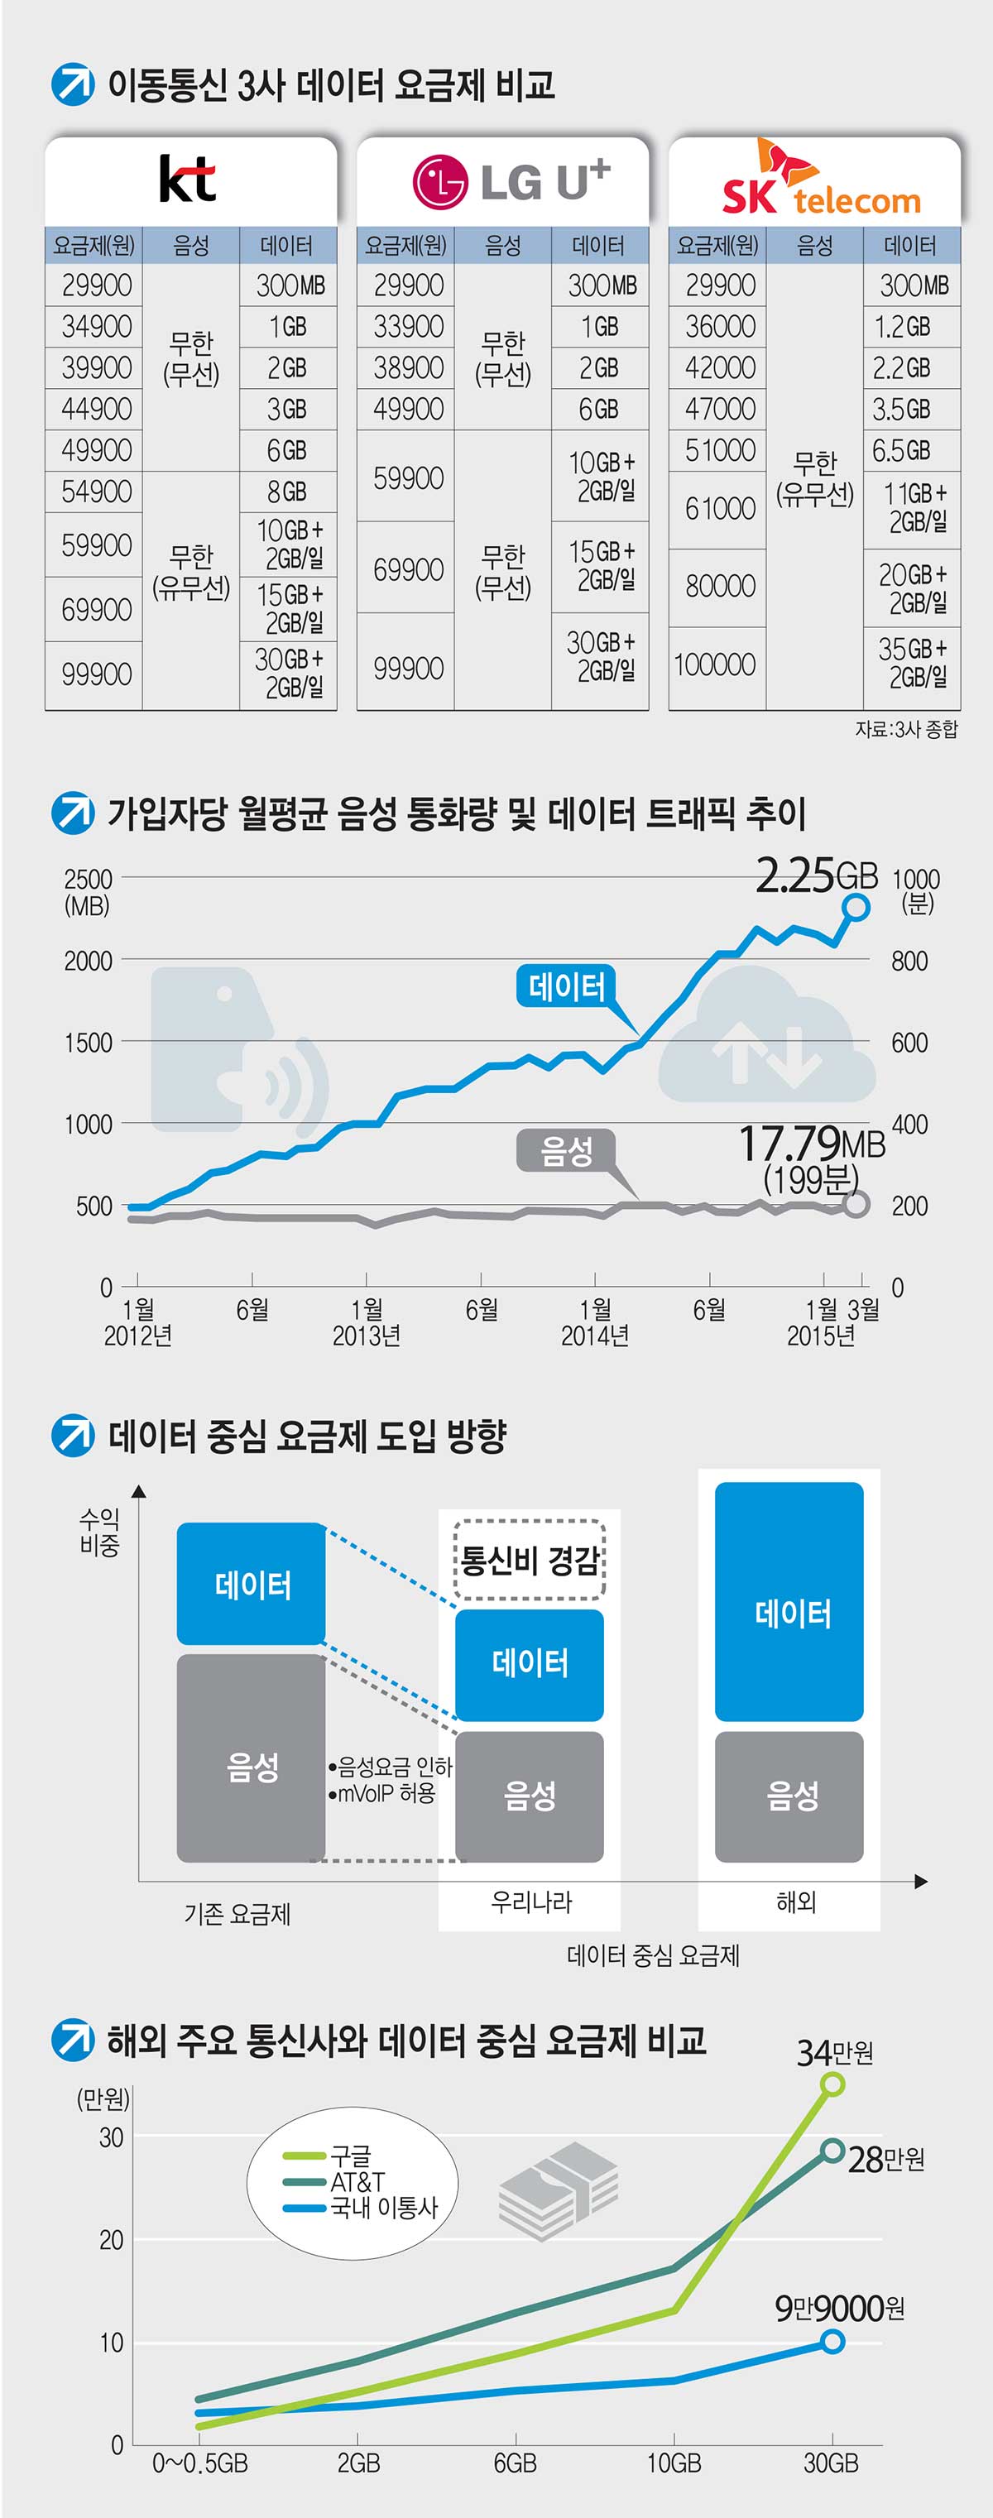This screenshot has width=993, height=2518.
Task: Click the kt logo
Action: [x=188, y=178]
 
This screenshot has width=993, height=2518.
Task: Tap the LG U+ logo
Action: [x=511, y=181]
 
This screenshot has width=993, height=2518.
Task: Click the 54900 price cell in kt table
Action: [x=96, y=491]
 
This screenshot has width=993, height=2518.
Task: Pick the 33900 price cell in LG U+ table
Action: [x=408, y=327]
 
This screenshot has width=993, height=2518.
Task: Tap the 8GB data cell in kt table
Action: [x=287, y=491]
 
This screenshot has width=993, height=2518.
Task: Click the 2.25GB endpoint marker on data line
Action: [x=855, y=907]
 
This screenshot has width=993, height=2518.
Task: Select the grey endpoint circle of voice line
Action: [x=855, y=1203]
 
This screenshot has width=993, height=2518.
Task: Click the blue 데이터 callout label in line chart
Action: [x=566, y=986]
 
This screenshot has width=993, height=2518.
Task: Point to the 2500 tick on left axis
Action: [x=88, y=879]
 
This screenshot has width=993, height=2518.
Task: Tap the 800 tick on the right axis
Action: [x=909, y=961]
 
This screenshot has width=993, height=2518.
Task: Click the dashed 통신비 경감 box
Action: [x=530, y=1559]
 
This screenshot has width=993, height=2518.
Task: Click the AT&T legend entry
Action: [x=357, y=2182]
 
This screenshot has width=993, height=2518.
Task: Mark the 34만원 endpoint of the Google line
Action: [x=832, y=2084]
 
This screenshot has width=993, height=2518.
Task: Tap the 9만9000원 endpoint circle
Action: [x=832, y=2341]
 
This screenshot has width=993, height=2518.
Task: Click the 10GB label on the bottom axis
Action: [x=674, y=2463]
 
